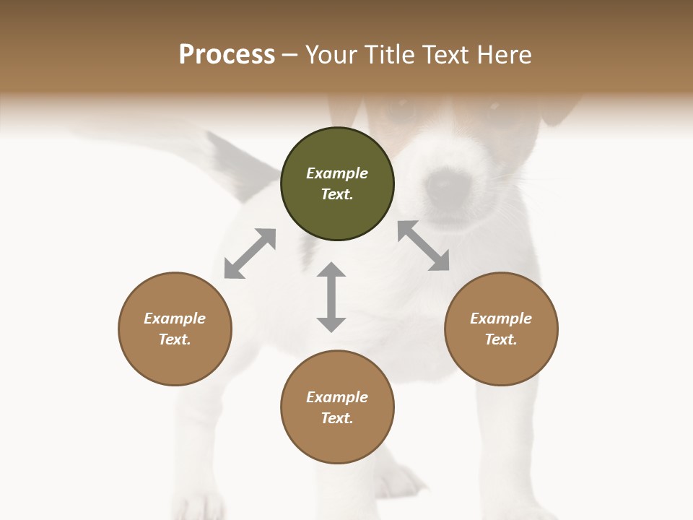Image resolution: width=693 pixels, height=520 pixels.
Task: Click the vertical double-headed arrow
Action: [x=331, y=297]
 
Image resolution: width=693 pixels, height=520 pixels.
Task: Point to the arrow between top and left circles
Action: [x=250, y=253]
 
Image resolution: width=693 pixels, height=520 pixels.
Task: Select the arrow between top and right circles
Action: [x=423, y=246]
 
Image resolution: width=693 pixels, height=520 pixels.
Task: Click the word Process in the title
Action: [x=227, y=55]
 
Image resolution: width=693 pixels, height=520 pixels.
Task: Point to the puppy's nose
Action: [x=441, y=187]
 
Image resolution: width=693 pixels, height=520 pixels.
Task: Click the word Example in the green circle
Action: [x=337, y=173]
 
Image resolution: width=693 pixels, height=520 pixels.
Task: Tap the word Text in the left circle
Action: [x=175, y=339]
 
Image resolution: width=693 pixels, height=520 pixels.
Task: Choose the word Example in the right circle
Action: [x=501, y=318]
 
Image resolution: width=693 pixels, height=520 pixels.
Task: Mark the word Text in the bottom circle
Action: [x=337, y=418]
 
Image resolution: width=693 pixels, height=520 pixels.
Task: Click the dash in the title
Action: [x=290, y=56]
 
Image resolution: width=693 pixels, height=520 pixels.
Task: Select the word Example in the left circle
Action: [x=175, y=318]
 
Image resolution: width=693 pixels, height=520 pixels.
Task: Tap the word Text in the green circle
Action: [x=337, y=194]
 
